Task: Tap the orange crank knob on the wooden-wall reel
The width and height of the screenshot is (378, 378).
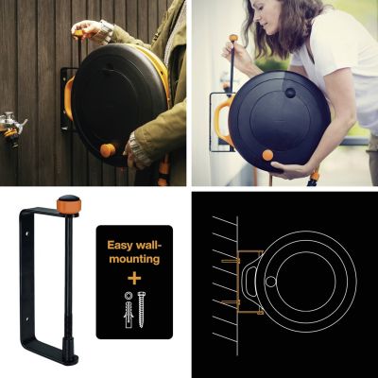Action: pos(108,150)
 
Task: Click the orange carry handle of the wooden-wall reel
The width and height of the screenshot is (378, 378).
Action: pos(67,98)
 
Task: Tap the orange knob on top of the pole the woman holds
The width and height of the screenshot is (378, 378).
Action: pos(232,39)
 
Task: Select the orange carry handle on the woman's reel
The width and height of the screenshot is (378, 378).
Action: pos(221,121)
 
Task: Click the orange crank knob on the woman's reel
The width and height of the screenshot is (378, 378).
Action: pos(267,155)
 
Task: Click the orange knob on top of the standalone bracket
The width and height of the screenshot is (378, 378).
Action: pos(68,204)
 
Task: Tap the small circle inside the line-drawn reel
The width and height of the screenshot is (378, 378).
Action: pos(272,280)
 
